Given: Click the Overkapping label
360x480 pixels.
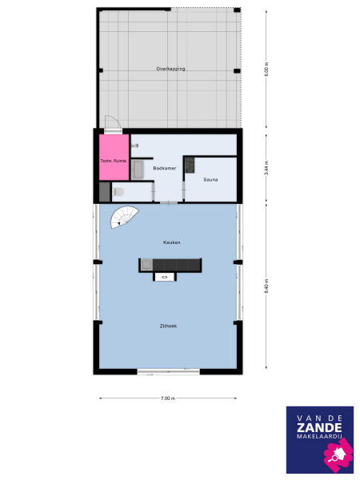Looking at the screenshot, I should tap(170, 70).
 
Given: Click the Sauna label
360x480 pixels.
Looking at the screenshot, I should tap(210, 180).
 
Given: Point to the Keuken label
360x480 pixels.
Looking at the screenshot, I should tap(170, 242).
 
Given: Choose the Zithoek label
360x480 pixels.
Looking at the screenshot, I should tap(169, 325).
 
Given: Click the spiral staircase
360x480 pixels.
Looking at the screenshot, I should tap(124, 216).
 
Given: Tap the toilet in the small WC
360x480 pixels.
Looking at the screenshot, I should tap(118, 192).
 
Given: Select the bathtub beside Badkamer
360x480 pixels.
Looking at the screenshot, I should tap(138, 169).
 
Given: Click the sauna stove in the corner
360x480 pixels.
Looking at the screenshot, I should tap(190, 165).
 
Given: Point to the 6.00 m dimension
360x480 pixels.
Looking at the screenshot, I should tap(267, 70).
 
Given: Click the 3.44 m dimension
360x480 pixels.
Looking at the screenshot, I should tap(267, 169).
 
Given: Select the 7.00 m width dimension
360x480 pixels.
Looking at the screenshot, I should tap(167, 398).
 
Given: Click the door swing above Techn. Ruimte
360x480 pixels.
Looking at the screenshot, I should tap(113, 124).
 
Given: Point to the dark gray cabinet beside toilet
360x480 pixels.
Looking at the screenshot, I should tap(104, 192).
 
